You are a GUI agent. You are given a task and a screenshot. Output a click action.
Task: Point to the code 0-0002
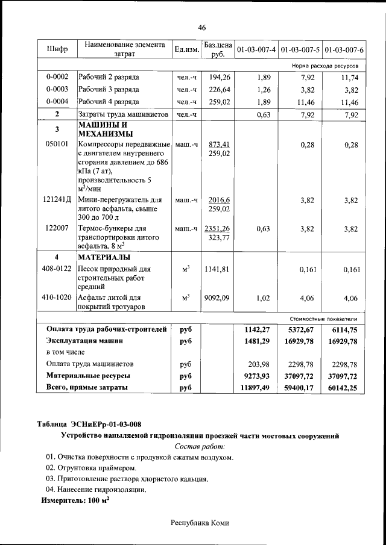point(57,77)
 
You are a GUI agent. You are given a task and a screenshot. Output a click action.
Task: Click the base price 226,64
point(220,90)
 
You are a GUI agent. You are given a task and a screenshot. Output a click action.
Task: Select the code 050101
point(57,145)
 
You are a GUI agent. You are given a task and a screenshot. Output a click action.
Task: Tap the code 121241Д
point(57,200)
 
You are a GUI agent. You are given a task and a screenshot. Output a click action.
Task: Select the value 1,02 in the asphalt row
point(263,297)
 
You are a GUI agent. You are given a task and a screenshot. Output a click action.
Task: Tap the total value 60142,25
point(344,388)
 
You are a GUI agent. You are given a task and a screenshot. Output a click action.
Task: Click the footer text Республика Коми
point(200,523)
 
